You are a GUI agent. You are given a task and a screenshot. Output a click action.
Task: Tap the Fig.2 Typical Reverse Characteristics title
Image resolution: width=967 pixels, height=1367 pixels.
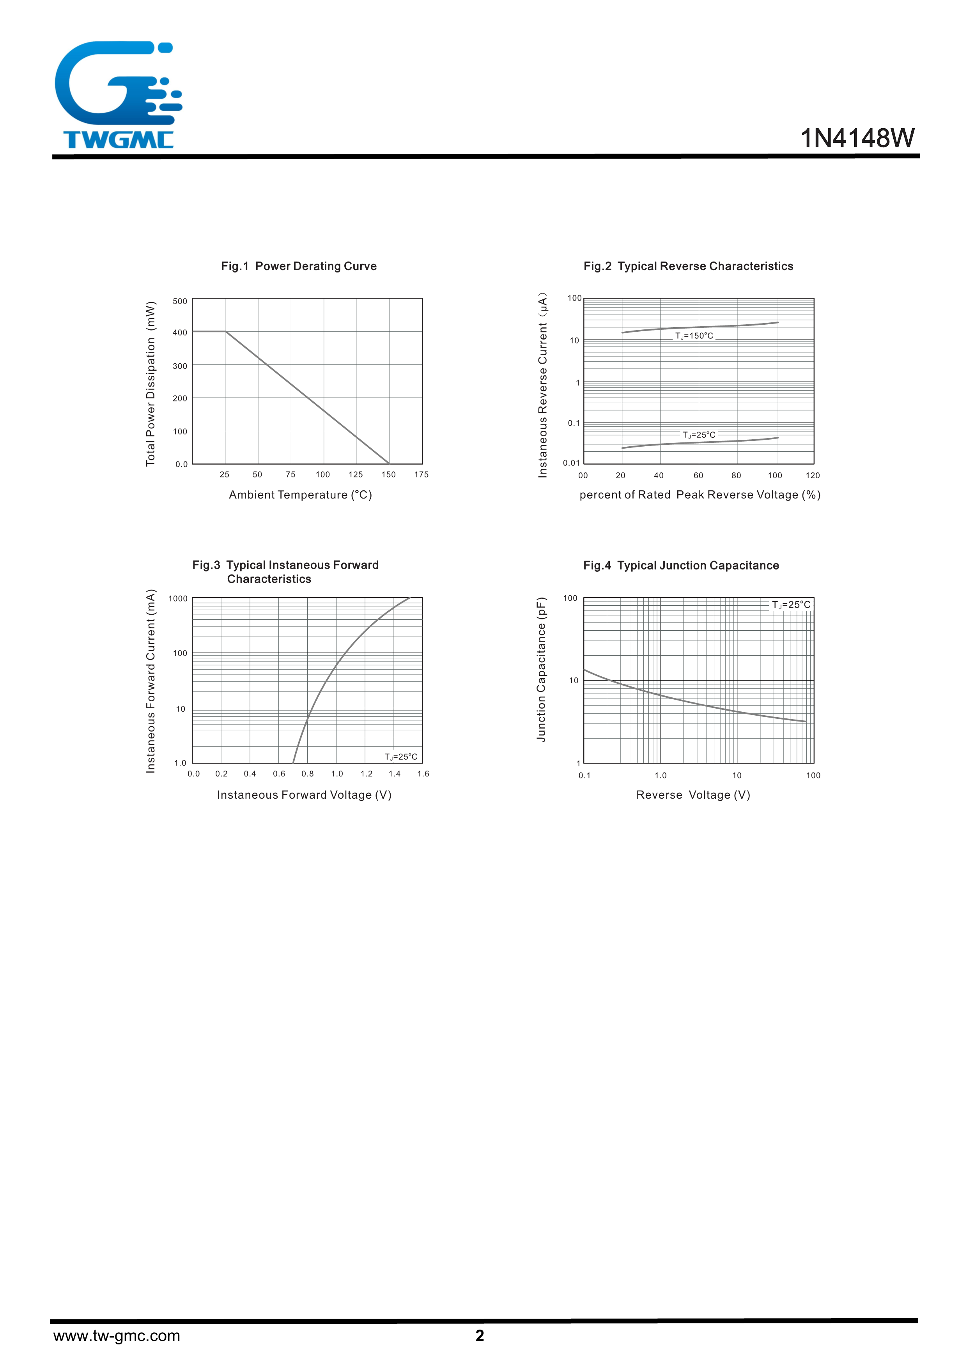(x=688, y=266)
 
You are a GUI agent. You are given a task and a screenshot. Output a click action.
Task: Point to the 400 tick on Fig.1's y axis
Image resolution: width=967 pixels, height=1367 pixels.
(x=180, y=333)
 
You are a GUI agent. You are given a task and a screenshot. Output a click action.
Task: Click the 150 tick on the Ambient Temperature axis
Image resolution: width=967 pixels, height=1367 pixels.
(x=388, y=474)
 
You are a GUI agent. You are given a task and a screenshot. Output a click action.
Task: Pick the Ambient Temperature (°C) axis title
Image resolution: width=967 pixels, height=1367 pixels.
(x=300, y=495)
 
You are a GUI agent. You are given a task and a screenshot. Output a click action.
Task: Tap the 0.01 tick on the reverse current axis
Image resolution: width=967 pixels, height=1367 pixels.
(x=571, y=463)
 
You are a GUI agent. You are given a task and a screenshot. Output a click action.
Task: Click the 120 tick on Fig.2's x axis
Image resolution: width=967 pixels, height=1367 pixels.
(x=812, y=475)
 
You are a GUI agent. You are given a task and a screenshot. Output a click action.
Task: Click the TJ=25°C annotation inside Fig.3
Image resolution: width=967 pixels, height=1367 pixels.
(x=401, y=757)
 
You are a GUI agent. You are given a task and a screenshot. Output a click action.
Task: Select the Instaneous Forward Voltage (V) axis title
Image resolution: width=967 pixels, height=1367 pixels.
(x=304, y=795)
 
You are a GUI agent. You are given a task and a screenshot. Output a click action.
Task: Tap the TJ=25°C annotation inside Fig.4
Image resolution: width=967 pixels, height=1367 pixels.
(x=791, y=605)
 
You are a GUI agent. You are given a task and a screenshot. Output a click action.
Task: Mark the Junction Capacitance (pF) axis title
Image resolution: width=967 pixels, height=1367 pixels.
(x=541, y=669)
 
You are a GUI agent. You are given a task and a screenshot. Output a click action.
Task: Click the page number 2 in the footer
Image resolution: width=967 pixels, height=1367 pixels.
(x=480, y=1336)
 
